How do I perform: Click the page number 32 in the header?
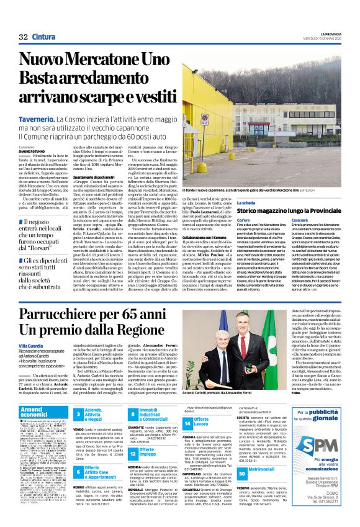click(24, 37)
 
